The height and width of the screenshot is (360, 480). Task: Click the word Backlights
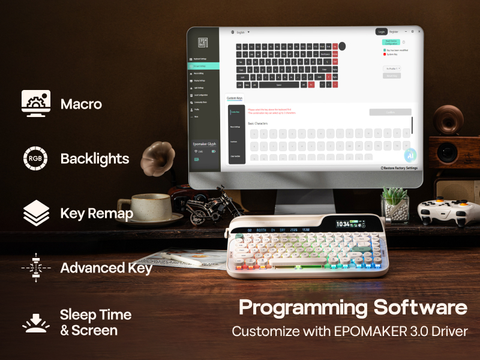coord(95,159)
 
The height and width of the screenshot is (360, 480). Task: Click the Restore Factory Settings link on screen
coord(399,168)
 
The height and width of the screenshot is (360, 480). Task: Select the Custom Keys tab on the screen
coord(235,98)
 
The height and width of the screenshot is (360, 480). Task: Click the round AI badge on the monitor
coord(410,154)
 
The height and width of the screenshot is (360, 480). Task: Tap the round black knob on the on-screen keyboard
coord(342,46)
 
